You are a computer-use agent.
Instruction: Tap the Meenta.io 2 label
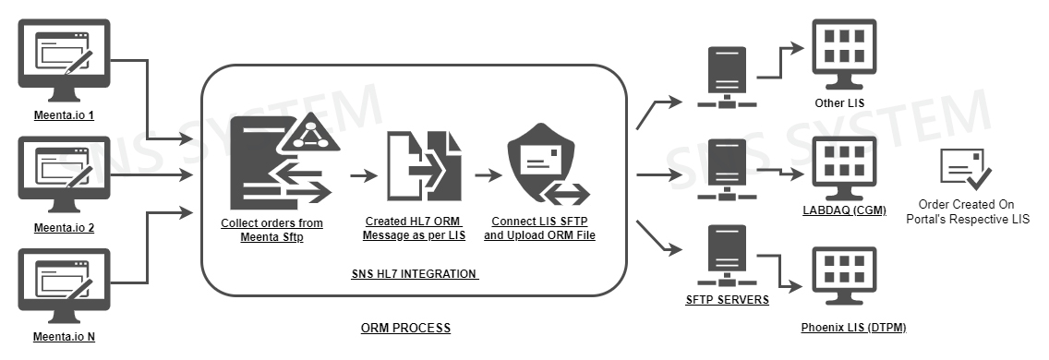[x=65, y=228]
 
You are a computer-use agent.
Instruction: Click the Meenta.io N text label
[x=65, y=337]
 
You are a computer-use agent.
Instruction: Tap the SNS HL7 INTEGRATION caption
[x=415, y=273]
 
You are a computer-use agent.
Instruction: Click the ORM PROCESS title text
[x=406, y=329]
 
